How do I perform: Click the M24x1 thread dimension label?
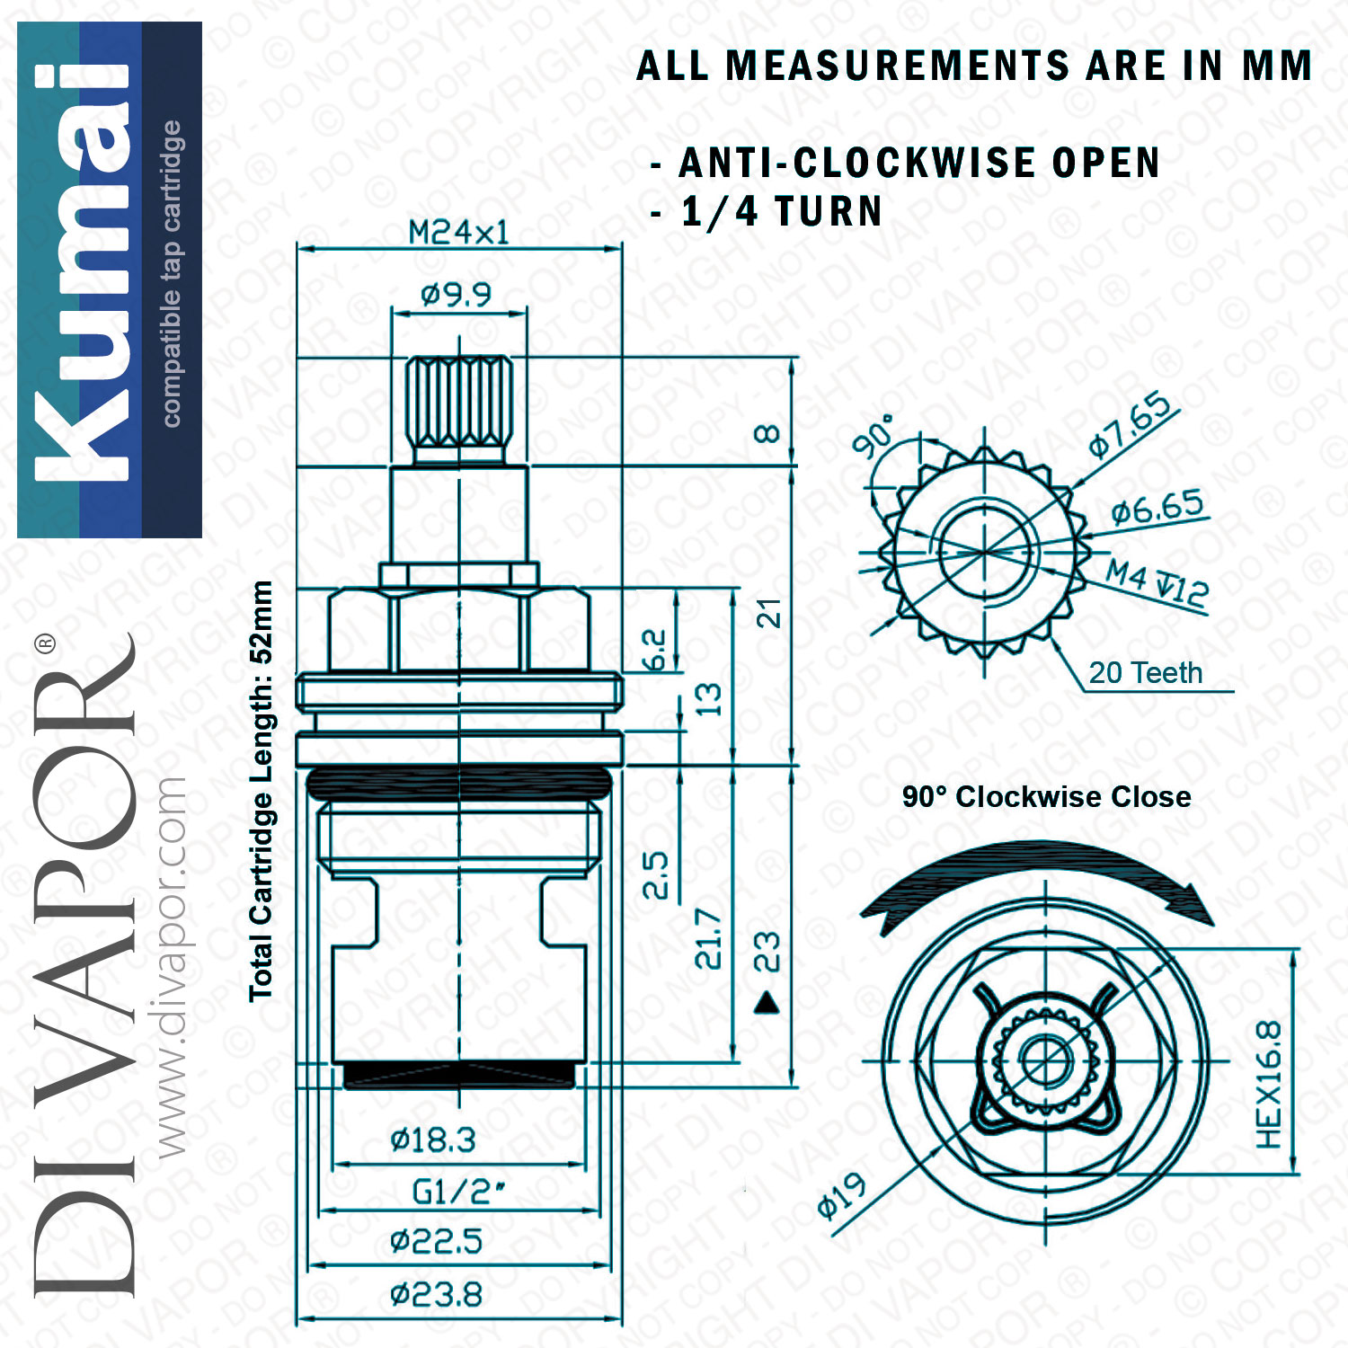[x=458, y=233]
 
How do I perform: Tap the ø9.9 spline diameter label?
[x=457, y=294]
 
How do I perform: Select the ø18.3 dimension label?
[x=433, y=1140]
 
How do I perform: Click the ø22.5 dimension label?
[x=436, y=1242]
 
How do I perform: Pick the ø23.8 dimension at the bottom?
[x=436, y=1295]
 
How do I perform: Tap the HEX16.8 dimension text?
[x=1268, y=1085]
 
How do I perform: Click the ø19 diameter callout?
[x=842, y=1196]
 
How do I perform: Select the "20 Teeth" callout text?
[x=1145, y=672]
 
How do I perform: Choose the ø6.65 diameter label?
[x=1157, y=508]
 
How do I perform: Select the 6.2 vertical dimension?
[x=654, y=650]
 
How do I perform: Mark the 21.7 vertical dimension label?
[x=709, y=938]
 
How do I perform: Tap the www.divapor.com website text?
[x=170, y=967]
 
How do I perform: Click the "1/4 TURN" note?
[x=781, y=212]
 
